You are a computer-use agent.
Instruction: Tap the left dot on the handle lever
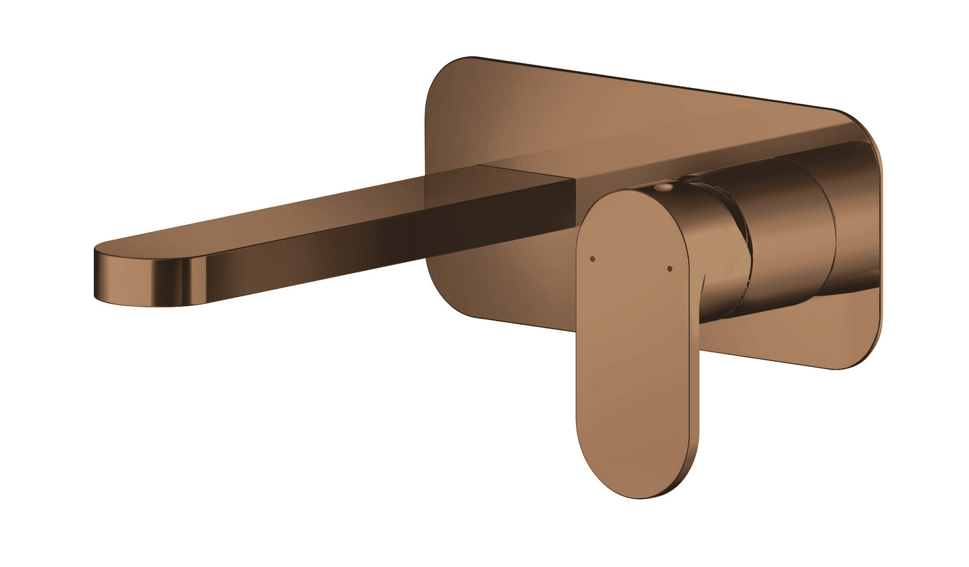pos(591,258)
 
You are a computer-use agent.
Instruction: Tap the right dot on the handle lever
pos(669,269)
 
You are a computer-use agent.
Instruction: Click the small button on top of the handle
pos(663,189)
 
